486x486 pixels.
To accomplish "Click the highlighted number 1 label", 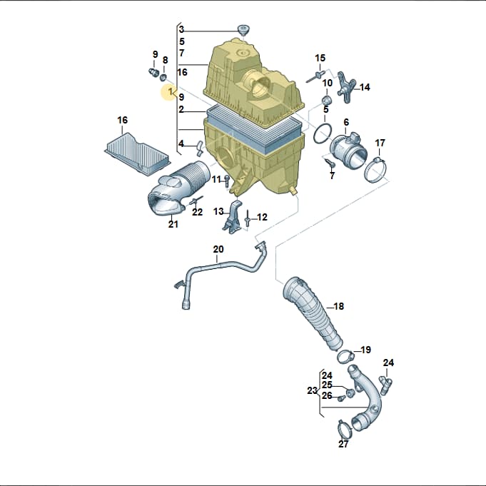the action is pos(170,92).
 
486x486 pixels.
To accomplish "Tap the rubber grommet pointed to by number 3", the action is pos(243,31).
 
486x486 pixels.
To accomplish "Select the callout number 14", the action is pos(365,87).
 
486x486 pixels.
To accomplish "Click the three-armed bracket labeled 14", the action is pos(346,87).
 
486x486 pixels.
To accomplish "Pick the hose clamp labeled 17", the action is pos(375,170).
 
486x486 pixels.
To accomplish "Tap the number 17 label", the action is pos(380,143).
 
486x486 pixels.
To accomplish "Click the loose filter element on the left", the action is pos(137,153).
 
